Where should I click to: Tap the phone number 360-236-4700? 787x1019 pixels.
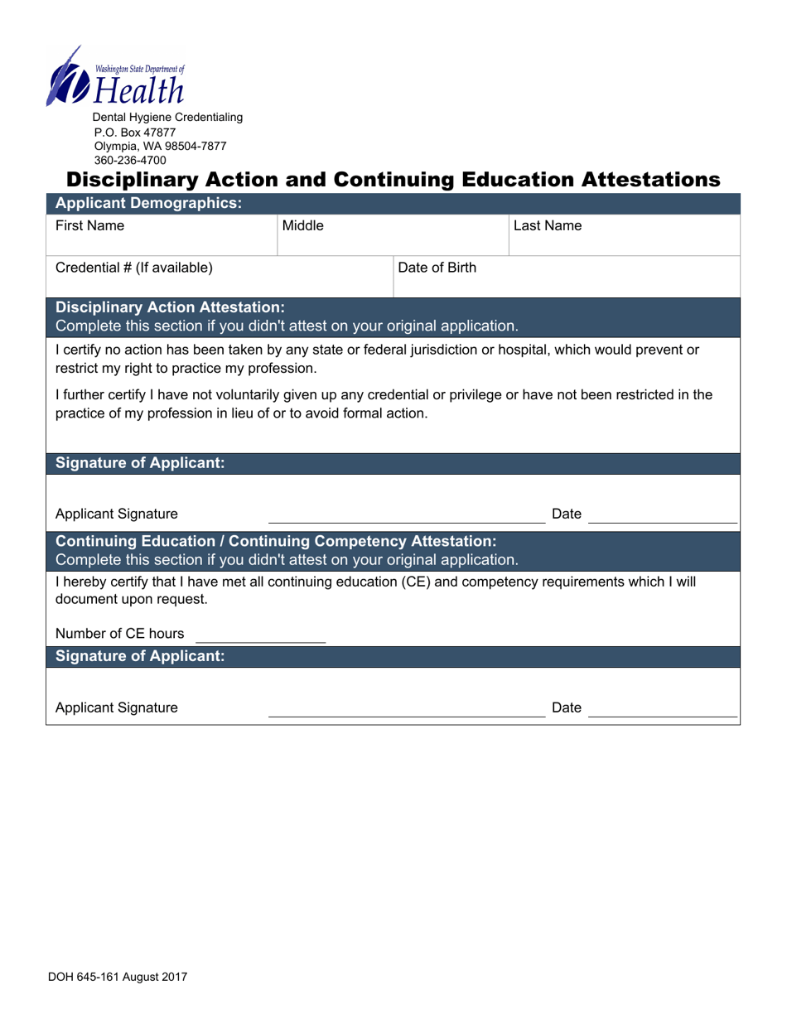click(130, 160)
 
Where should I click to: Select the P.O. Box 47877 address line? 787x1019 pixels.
click(135, 132)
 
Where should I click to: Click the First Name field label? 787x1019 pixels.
click(89, 225)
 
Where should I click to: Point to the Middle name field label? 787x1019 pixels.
click(303, 225)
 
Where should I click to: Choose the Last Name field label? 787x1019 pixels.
click(548, 225)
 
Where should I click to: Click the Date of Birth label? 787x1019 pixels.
click(437, 268)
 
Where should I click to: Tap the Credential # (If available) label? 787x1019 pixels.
click(133, 268)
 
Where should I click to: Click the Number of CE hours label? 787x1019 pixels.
click(119, 634)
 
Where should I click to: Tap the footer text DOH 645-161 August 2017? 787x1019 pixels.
click(117, 977)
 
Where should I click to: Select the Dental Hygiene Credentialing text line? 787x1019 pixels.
click(167, 118)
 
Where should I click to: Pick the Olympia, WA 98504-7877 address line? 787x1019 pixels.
click(160, 146)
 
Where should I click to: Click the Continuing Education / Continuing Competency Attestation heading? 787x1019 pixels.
click(276, 542)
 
